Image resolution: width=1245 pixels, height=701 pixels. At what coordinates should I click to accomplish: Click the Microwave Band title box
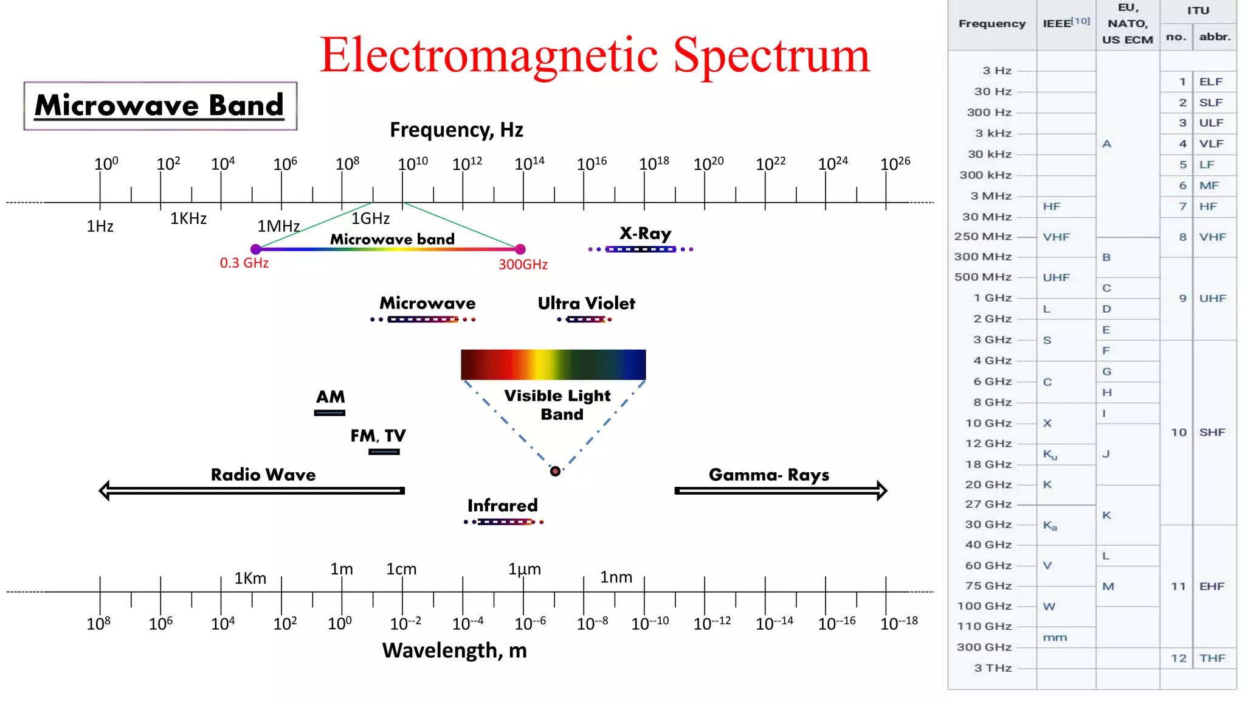(x=160, y=106)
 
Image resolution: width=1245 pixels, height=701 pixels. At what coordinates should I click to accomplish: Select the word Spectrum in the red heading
(x=771, y=56)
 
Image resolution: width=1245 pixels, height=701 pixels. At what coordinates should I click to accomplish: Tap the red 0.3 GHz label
(x=244, y=263)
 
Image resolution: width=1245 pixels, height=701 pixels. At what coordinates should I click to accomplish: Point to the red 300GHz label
(x=523, y=265)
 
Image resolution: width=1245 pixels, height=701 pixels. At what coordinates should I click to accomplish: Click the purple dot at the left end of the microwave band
(x=256, y=249)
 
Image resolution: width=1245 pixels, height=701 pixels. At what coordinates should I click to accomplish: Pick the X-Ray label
(x=645, y=234)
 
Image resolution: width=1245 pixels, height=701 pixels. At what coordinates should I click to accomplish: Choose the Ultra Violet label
(x=586, y=303)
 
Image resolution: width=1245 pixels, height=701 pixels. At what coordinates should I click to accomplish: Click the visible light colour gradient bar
(x=553, y=364)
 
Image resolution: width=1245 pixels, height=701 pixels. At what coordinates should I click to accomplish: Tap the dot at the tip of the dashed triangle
(x=555, y=471)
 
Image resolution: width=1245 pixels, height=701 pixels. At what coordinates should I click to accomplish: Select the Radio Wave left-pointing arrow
(x=252, y=490)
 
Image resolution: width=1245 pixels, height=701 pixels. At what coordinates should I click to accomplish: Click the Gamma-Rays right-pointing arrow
(x=781, y=490)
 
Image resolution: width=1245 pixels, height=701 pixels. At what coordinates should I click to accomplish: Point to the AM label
(x=330, y=397)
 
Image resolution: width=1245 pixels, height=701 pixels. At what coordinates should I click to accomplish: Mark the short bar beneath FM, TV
(x=384, y=452)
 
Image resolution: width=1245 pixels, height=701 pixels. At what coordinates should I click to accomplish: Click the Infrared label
(x=502, y=505)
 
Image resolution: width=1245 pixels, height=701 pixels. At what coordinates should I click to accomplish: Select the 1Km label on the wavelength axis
(x=250, y=578)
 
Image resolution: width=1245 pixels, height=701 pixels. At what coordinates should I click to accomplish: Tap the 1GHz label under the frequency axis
(x=370, y=218)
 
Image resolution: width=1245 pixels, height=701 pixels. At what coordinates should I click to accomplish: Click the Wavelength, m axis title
(x=454, y=650)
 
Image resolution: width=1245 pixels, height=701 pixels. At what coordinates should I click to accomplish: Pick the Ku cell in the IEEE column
(x=1050, y=455)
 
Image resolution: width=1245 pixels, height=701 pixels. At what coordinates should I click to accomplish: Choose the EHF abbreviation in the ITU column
(x=1212, y=586)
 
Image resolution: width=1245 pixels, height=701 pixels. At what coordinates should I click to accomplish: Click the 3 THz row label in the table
(x=993, y=668)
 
